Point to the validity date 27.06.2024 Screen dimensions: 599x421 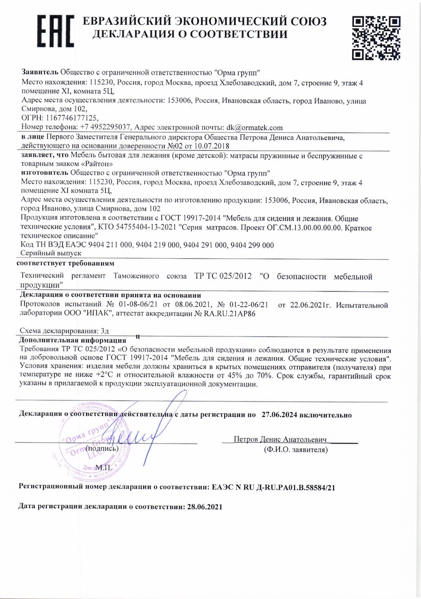coord(282,414)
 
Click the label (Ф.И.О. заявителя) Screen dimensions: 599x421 coord(295,450)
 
